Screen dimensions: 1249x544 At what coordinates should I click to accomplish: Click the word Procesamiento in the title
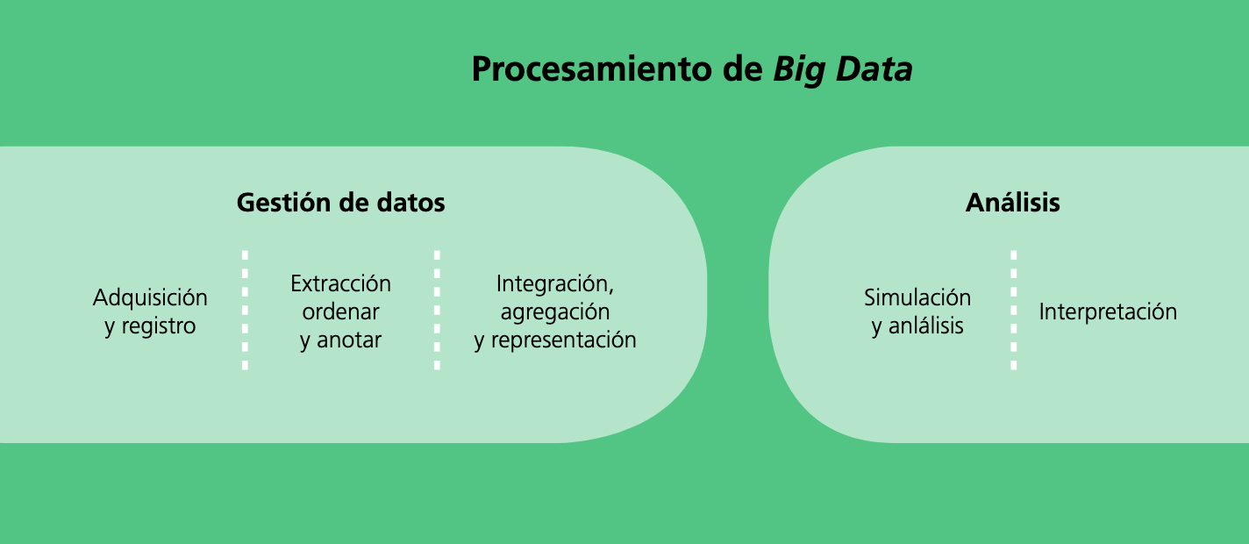(592, 68)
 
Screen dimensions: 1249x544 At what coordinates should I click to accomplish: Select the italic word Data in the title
(874, 68)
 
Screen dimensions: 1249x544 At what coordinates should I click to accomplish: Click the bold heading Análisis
(1012, 202)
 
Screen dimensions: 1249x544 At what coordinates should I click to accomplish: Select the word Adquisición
(150, 298)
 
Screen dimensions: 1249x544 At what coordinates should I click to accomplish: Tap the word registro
(159, 326)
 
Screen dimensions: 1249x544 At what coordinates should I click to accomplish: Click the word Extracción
(340, 283)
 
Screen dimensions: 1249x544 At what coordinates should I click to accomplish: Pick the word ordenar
(340, 311)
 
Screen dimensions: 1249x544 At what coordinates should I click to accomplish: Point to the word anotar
(349, 340)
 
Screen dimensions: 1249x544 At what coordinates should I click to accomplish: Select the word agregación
(555, 312)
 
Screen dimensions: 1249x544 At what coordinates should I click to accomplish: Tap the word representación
(564, 340)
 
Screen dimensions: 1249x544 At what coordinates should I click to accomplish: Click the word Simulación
(917, 297)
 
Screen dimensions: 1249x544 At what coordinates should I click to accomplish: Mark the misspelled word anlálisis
(925, 326)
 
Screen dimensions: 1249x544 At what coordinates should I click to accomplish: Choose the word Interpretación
(1108, 311)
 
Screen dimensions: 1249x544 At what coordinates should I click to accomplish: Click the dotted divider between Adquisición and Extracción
(245, 311)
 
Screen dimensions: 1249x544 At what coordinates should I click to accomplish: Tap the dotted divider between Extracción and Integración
(437, 311)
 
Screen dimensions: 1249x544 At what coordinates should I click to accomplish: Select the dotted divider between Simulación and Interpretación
(1013, 311)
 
